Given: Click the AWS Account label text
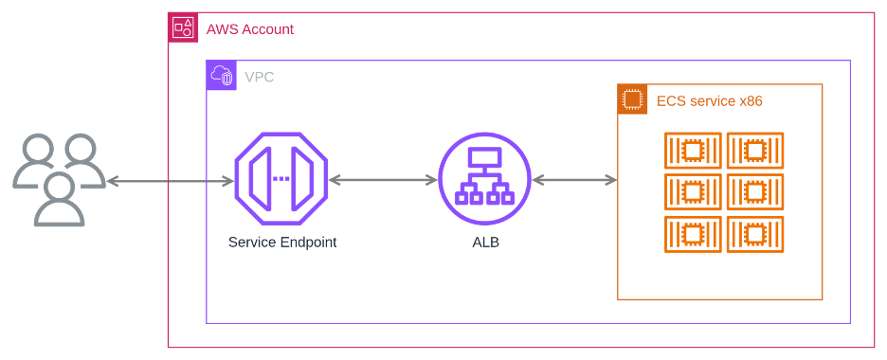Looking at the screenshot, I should pyautogui.click(x=250, y=29).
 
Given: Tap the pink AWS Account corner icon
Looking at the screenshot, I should pyautogui.click(x=183, y=28).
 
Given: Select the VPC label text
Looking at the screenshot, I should pyautogui.click(x=260, y=77).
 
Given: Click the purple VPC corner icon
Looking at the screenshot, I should pyautogui.click(x=222, y=76).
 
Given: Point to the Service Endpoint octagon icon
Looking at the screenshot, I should pyautogui.click(x=281, y=178).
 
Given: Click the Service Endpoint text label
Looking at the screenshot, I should pyautogui.click(x=282, y=243).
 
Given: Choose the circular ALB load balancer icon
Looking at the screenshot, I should pyautogui.click(x=484, y=178).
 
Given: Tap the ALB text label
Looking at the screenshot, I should pyautogui.click(x=485, y=243).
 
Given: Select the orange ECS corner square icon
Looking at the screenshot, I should pyautogui.click(x=633, y=99).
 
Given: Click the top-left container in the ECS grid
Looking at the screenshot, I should pyautogui.click(x=693, y=151).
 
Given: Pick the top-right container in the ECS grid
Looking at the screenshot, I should pyautogui.click(x=755, y=151).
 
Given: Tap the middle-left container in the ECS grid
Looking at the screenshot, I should pyautogui.click(x=693, y=192).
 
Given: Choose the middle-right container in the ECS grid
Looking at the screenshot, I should pyautogui.click(x=755, y=192).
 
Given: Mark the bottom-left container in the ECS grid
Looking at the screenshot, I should pyautogui.click(x=693, y=234).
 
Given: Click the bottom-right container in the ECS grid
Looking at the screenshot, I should pyautogui.click(x=755, y=234).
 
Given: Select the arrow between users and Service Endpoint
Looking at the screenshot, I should pyautogui.click(x=171, y=180).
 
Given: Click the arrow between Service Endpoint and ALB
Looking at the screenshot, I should pyautogui.click(x=383, y=180).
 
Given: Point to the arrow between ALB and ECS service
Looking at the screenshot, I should pyautogui.click(x=574, y=180).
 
